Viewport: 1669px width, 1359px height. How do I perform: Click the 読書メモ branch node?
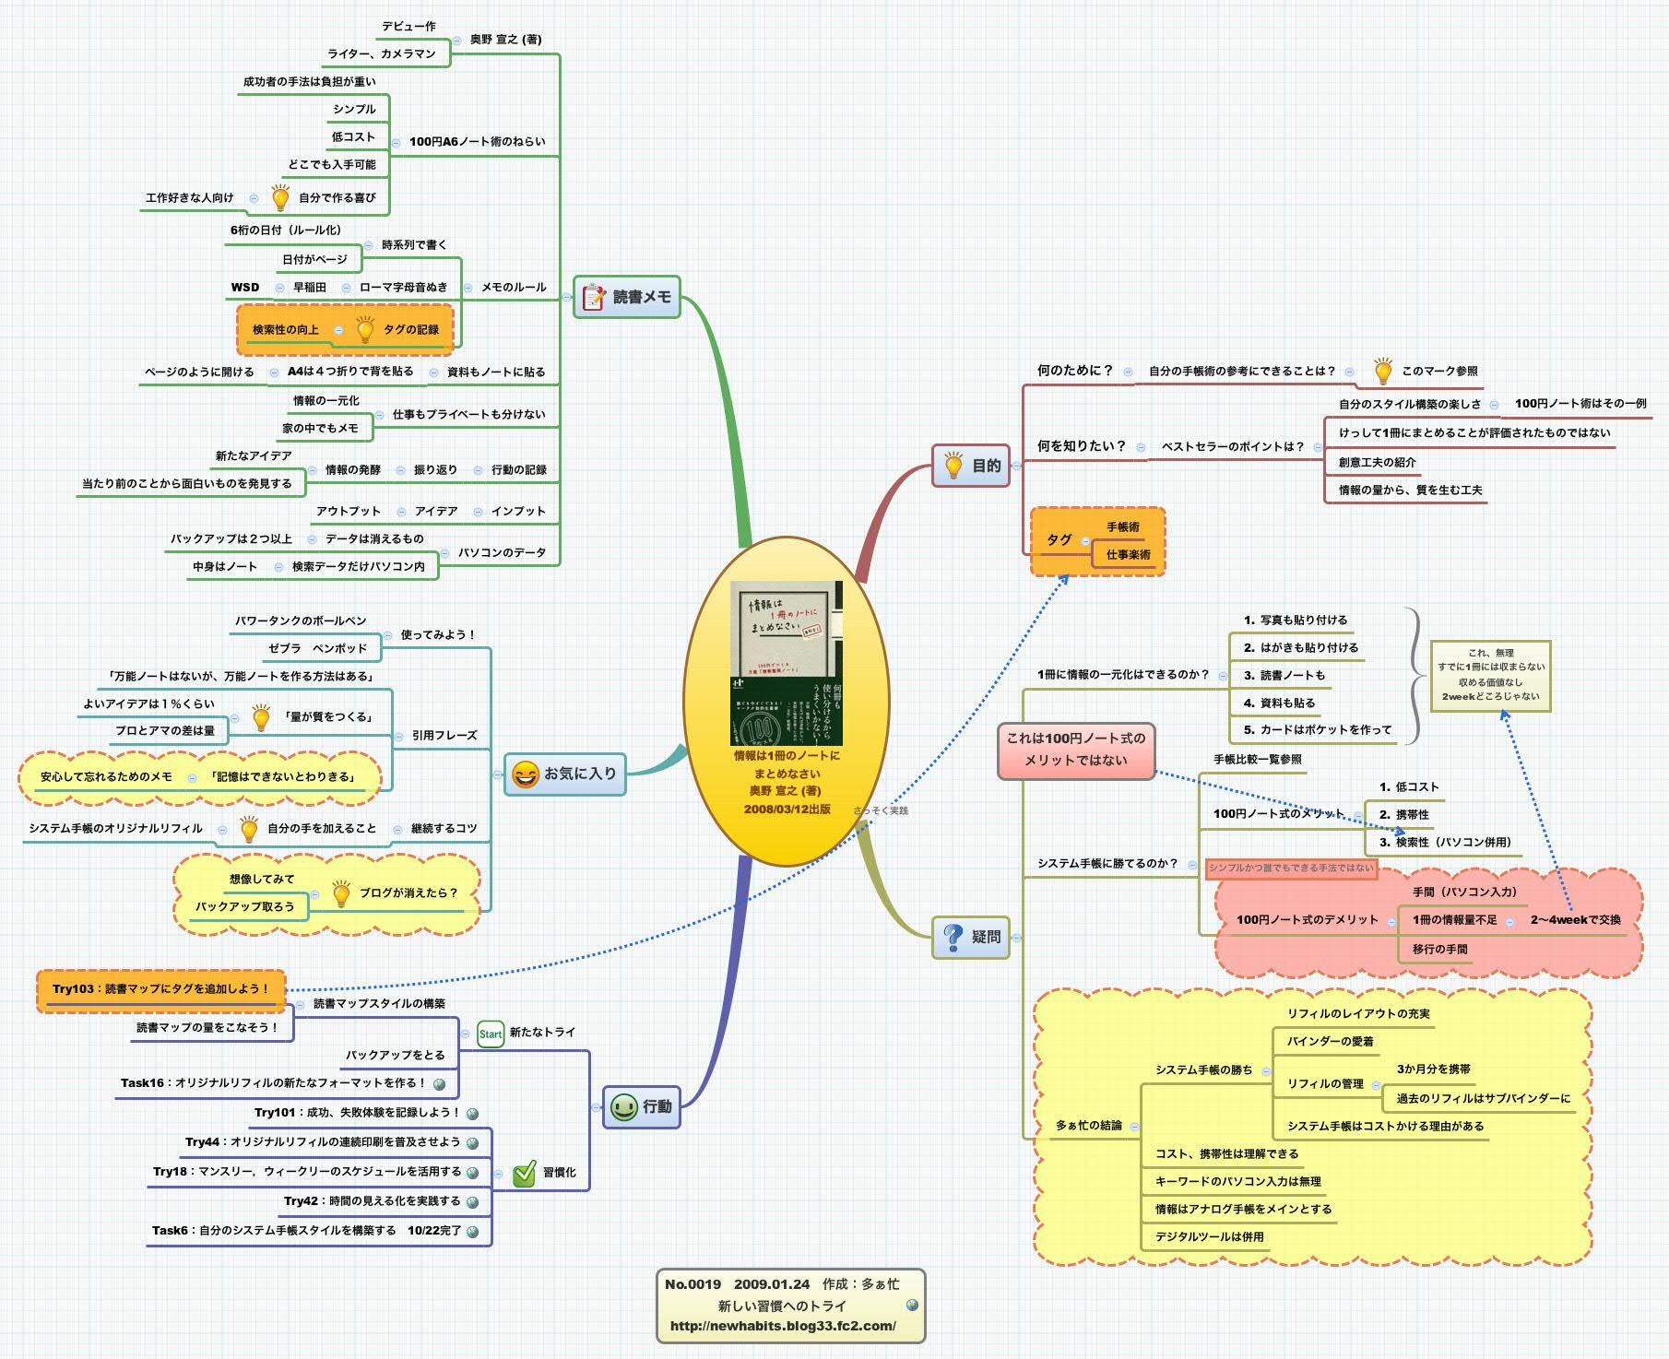627,297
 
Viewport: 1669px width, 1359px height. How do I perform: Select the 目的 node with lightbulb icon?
972,466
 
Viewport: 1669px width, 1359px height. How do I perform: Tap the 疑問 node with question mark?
971,937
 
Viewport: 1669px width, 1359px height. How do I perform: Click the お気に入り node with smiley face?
565,774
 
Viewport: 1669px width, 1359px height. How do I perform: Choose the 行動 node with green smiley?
642,1106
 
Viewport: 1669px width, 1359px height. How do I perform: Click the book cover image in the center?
786,662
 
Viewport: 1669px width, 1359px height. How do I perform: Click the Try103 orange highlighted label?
160,989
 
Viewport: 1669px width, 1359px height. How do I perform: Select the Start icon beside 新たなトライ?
490,1034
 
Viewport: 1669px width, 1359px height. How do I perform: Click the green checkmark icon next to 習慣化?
524,1173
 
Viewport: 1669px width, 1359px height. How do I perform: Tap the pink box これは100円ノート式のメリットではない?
1075,750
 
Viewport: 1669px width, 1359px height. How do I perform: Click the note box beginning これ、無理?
1490,675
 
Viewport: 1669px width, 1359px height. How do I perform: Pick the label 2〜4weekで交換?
1575,919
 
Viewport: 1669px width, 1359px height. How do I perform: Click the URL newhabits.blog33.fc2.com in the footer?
782,1326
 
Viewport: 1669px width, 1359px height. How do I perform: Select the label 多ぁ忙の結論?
1088,1125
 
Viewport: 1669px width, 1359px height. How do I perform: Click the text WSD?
244,287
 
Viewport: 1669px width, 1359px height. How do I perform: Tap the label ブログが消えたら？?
408,892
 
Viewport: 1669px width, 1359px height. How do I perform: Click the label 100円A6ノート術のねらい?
477,141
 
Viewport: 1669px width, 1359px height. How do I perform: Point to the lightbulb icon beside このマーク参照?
1382,371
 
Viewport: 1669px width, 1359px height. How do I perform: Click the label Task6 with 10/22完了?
305,1230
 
